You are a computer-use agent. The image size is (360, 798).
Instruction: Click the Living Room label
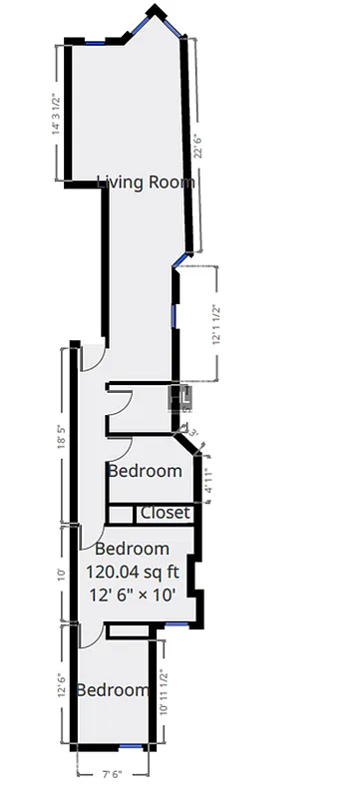(146, 183)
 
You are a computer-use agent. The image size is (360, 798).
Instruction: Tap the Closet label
(165, 513)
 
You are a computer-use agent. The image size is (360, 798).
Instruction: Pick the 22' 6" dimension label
(198, 146)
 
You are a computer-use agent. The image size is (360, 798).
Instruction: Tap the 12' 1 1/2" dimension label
(216, 323)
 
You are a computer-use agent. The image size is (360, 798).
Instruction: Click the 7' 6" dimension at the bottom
(112, 771)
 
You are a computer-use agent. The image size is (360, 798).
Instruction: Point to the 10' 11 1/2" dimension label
(165, 692)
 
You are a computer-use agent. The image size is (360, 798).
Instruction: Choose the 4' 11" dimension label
(207, 483)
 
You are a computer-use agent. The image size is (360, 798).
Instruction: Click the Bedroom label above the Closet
(145, 471)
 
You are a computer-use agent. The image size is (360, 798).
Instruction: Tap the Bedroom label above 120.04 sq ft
(132, 549)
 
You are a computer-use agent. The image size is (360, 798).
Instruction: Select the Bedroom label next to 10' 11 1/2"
(114, 690)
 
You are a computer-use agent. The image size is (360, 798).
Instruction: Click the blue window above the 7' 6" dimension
(131, 746)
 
